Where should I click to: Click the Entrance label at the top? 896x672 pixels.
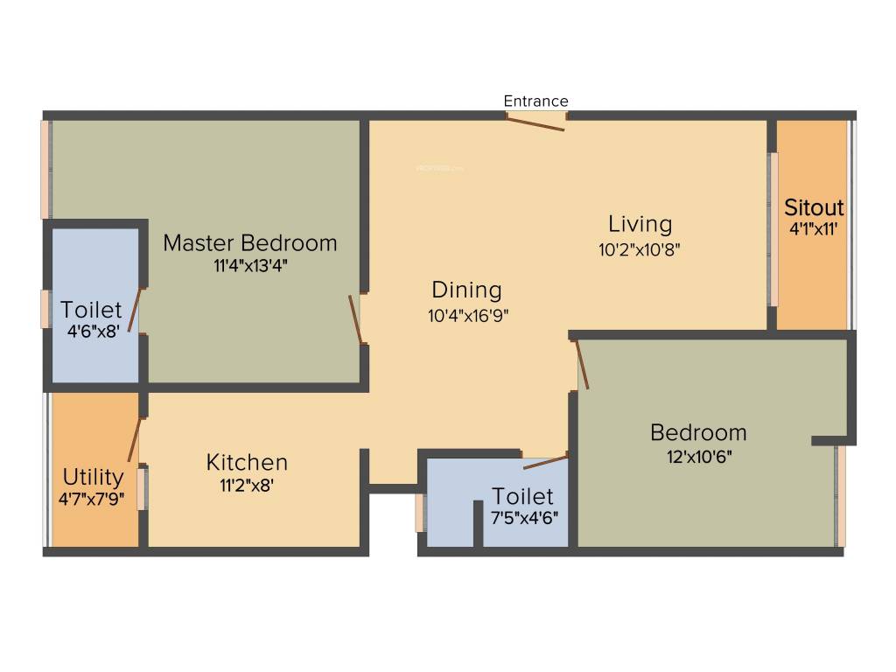(535, 101)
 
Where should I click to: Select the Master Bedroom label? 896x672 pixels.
(249, 242)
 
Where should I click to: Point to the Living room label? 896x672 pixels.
(640, 224)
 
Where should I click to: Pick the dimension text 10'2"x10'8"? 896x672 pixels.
(640, 249)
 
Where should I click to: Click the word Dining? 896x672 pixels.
(466, 290)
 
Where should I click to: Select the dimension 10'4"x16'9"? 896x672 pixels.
(468, 316)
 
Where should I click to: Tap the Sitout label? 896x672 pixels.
(814, 207)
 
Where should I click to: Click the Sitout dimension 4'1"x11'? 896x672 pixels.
(814, 229)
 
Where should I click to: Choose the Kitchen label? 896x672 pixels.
(247, 462)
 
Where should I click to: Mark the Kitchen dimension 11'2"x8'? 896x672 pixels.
(247, 486)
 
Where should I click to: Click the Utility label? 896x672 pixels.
(93, 477)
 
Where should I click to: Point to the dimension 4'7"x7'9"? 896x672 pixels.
(93, 500)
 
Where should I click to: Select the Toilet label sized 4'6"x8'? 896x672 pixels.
(91, 309)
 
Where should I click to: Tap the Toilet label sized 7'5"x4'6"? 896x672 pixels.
(522, 496)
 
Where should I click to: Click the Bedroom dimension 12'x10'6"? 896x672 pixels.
(697, 456)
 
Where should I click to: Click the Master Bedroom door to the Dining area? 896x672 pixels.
(355, 319)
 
